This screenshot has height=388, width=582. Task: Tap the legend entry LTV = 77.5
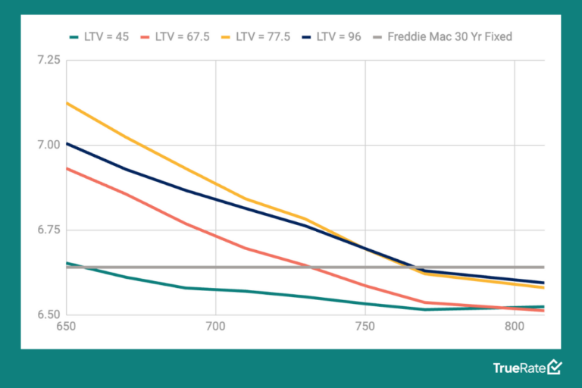coord(262,36)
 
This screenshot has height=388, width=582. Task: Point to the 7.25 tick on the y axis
coord(47,60)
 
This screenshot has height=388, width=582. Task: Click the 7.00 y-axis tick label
coord(47,145)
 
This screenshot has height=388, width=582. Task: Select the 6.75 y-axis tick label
coord(47,230)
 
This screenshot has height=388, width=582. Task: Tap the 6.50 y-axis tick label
coord(47,314)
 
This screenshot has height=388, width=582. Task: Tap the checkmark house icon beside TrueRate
coord(555,367)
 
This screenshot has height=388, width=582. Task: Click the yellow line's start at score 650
coord(67,102)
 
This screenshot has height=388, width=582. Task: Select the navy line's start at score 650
coord(67,143)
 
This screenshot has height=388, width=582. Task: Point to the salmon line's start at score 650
coord(67,168)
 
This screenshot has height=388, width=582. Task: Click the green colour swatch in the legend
coord(74,36)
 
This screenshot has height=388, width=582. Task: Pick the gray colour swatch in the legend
coord(376,36)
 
